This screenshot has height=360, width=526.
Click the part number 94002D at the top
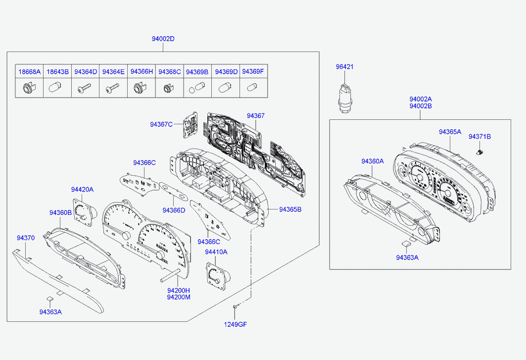click(x=163, y=39)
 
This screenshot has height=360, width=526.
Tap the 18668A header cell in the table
click(x=29, y=71)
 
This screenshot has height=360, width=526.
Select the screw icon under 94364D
click(x=84, y=89)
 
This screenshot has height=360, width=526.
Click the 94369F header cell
click(x=253, y=71)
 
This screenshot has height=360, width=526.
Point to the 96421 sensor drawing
click(x=344, y=98)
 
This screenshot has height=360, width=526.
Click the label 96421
click(x=344, y=67)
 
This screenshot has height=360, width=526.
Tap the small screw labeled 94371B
click(x=479, y=152)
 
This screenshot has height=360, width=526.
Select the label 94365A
click(x=450, y=132)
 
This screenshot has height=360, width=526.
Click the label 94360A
click(x=373, y=161)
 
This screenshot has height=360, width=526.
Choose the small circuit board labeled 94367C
click(x=190, y=124)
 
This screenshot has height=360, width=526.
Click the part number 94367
click(x=256, y=116)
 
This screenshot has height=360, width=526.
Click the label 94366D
click(x=174, y=210)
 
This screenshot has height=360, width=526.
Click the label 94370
click(x=26, y=238)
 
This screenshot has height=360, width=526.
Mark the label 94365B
click(x=290, y=209)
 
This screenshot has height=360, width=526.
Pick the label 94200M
click(x=179, y=297)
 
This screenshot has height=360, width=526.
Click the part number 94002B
click(x=420, y=106)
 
